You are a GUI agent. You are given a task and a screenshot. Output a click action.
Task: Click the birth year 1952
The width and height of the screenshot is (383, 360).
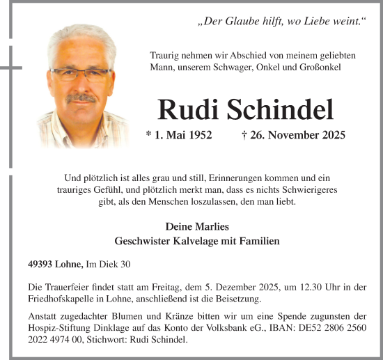[x=198, y=135]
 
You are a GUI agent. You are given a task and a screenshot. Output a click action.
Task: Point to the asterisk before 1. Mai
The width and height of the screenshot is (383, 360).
[x=148, y=135]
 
